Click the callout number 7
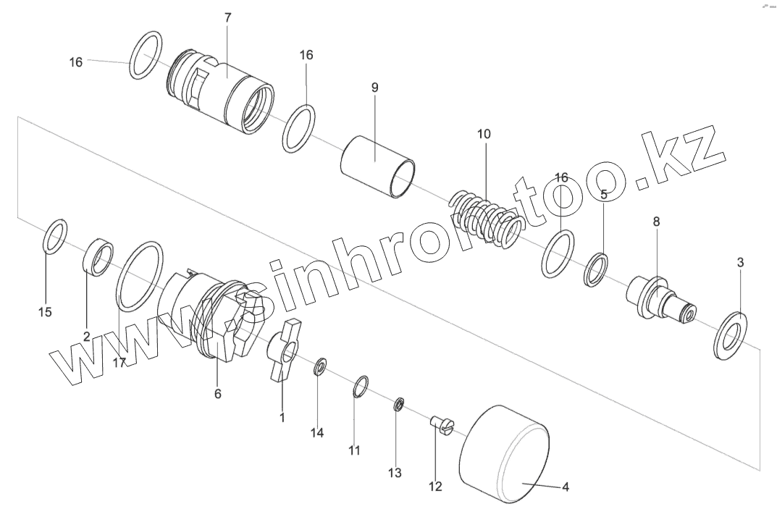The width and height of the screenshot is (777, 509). (227, 17)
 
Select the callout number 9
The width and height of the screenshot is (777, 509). (374, 88)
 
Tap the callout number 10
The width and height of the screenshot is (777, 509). (484, 134)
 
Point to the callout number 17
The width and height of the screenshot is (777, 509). (119, 362)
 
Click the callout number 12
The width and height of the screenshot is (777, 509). (434, 487)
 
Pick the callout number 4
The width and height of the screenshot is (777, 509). (566, 487)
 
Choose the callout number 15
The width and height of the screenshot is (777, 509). (45, 312)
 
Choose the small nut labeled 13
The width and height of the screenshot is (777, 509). (398, 404)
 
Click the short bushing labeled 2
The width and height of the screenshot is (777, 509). (100, 257)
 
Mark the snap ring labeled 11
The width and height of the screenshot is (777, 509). (362, 387)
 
